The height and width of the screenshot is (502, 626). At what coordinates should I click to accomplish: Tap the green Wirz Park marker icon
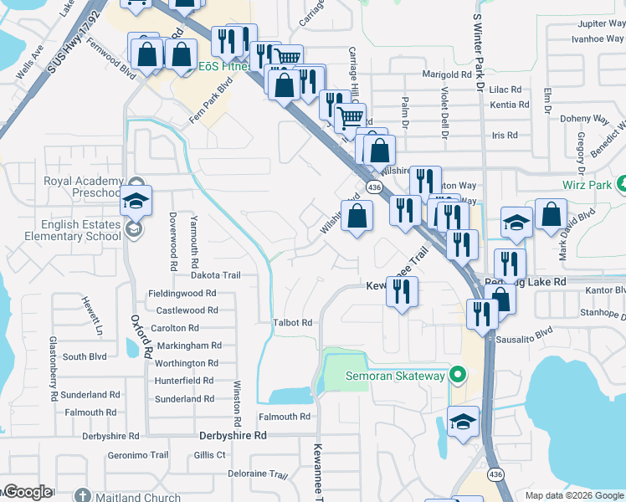622,183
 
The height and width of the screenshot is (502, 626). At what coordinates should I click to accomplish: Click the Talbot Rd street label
292,322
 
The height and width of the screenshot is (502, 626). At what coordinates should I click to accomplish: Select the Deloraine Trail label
259,473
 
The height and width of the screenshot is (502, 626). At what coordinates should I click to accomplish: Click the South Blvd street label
85,356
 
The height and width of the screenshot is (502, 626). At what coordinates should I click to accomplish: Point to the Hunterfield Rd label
185,381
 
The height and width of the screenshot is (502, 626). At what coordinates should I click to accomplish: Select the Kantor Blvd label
606,289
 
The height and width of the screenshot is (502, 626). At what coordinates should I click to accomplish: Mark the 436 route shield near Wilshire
374,188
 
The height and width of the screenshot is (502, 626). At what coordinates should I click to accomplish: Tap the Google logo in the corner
27,492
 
